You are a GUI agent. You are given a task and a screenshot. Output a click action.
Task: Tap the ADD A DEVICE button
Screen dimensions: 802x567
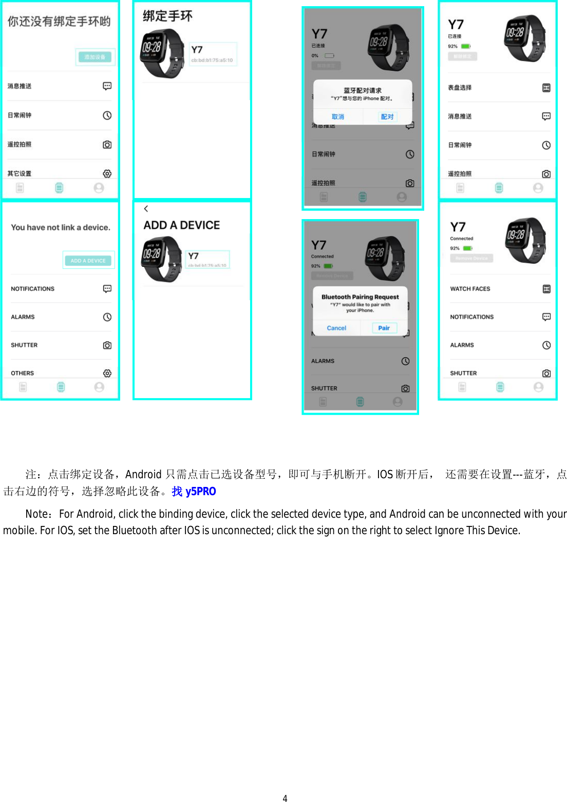coord(88,261)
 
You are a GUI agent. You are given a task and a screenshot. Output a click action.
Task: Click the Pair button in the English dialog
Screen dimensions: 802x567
coord(384,328)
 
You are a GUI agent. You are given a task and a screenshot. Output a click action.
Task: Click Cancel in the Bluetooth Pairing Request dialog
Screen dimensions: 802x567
coord(336,328)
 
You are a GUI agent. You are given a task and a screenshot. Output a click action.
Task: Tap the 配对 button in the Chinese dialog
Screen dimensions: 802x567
coord(387,117)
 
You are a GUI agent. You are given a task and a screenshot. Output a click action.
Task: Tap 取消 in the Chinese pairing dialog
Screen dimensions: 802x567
coord(338,117)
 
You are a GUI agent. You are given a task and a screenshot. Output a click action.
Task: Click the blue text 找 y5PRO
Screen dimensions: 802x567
coord(194,492)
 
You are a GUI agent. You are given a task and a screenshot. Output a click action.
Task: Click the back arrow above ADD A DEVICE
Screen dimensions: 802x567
coord(146,208)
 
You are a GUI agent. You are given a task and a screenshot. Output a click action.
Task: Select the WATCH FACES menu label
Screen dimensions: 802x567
coord(470,289)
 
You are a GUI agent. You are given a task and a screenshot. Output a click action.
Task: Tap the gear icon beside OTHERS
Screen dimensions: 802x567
coord(107,373)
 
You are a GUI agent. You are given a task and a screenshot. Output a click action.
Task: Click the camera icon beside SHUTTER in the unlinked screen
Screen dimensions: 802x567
coord(107,345)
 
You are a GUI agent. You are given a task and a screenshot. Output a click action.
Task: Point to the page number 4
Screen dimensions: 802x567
coord(285,798)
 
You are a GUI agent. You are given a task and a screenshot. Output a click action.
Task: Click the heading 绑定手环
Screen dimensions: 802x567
coord(167,16)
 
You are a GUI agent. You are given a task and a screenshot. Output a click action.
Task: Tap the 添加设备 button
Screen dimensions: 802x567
coord(95,57)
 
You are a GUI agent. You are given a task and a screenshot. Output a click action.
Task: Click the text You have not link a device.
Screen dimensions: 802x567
coord(61,227)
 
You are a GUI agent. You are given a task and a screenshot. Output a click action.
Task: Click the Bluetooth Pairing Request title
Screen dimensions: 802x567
coord(360,297)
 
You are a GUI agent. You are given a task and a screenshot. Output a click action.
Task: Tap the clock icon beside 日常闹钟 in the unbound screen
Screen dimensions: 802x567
coord(107,115)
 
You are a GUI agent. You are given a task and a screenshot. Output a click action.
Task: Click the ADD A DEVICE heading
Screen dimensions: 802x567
coord(181,225)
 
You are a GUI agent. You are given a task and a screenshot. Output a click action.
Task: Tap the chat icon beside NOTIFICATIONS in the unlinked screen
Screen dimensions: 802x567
coord(107,289)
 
